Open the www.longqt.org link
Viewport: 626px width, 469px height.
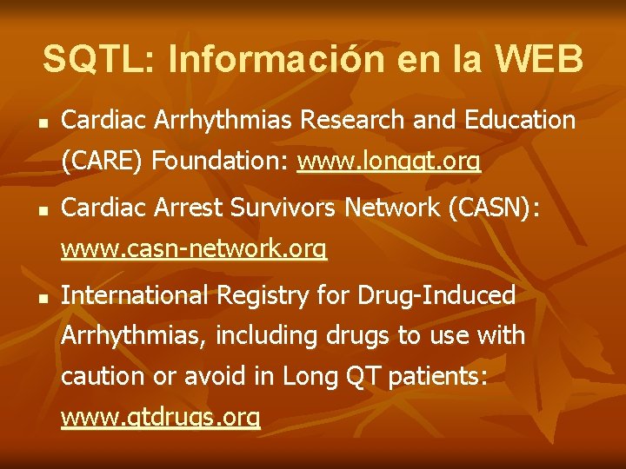pos(389,162)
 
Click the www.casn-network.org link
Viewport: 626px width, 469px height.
pos(194,251)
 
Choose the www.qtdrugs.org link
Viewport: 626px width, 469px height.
pos(161,418)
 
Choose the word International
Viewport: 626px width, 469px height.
pos(135,296)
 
